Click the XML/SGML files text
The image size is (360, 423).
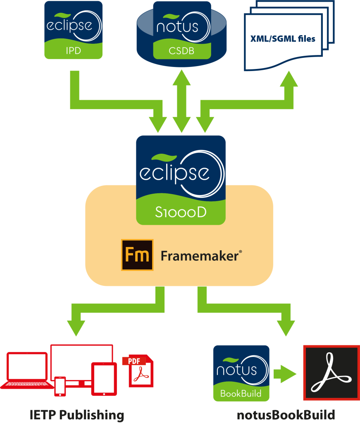283,39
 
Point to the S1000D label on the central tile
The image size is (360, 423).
181,212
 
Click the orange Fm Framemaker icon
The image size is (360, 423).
137,255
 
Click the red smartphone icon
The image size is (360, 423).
60,386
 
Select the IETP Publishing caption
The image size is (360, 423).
77,414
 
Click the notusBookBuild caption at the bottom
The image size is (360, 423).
286,414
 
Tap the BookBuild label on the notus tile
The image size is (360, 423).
241,393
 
